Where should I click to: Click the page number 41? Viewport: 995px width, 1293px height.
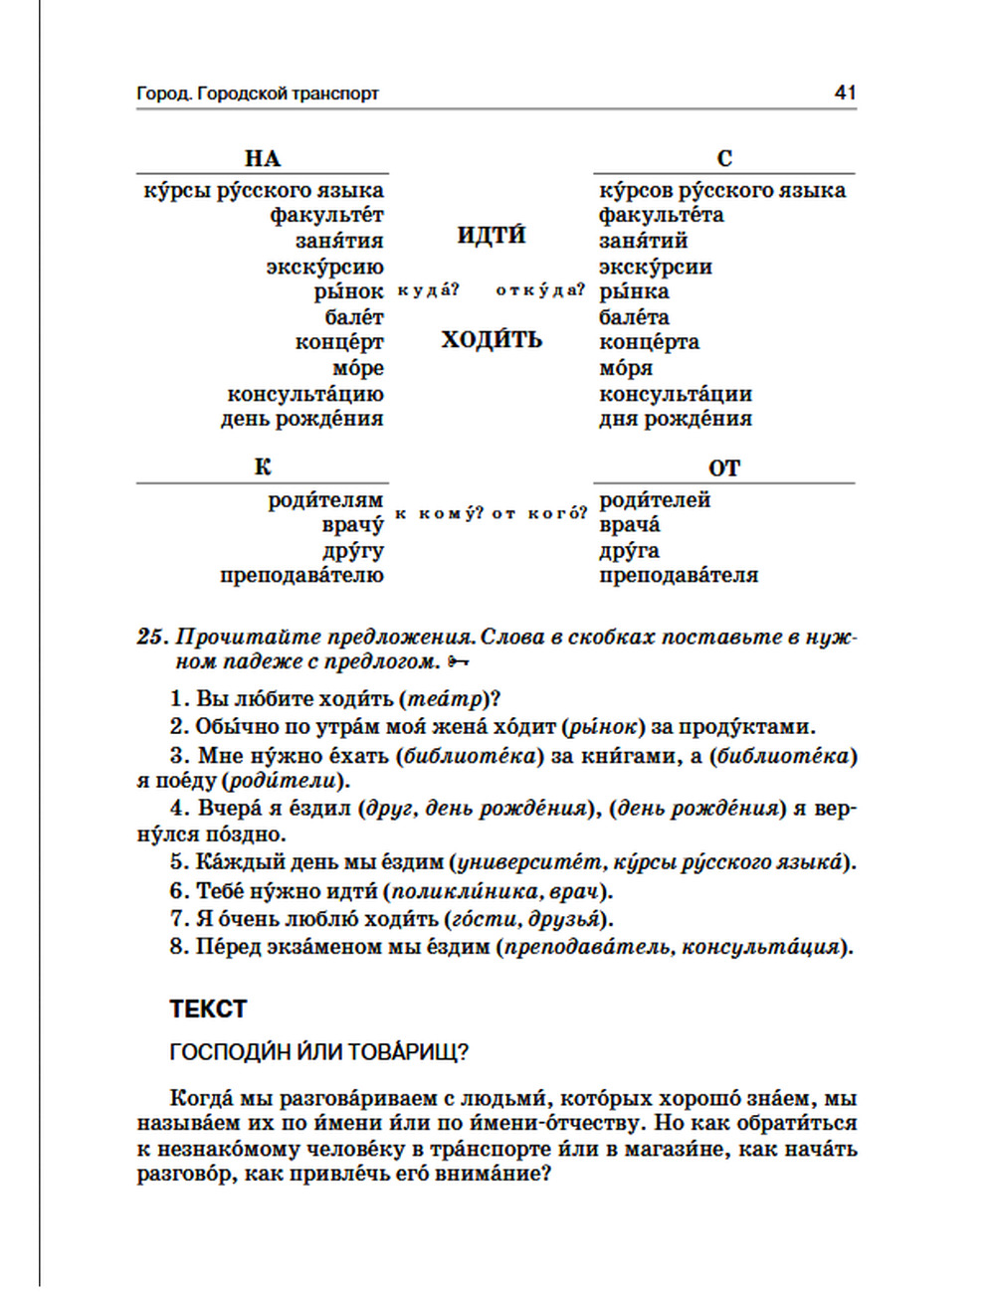(x=845, y=92)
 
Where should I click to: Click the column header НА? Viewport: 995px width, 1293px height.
(x=263, y=158)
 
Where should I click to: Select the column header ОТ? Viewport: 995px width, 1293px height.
(x=724, y=467)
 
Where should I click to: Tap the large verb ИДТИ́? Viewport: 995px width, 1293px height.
(x=492, y=235)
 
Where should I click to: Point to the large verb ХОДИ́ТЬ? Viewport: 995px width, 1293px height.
(x=492, y=339)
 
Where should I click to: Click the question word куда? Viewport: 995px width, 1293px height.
(x=428, y=290)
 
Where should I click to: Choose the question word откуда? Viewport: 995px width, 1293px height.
(x=540, y=290)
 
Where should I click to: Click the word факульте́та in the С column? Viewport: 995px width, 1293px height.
(x=662, y=215)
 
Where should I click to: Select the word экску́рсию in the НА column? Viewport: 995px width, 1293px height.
(x=324, y=267)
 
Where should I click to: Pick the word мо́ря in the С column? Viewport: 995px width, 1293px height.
(x=626, y=368)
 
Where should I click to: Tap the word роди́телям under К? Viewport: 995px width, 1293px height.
(x=325, y=499)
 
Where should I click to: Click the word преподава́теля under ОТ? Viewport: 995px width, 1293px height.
(x=679, y=575)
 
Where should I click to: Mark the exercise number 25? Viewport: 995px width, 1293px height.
(x=150, y=637)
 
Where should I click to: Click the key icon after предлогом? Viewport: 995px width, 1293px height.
(x=459, y=661)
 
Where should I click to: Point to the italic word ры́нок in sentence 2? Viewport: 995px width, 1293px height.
(x=603, y=727)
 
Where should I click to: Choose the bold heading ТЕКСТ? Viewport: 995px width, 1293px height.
(x=208, y=1009)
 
